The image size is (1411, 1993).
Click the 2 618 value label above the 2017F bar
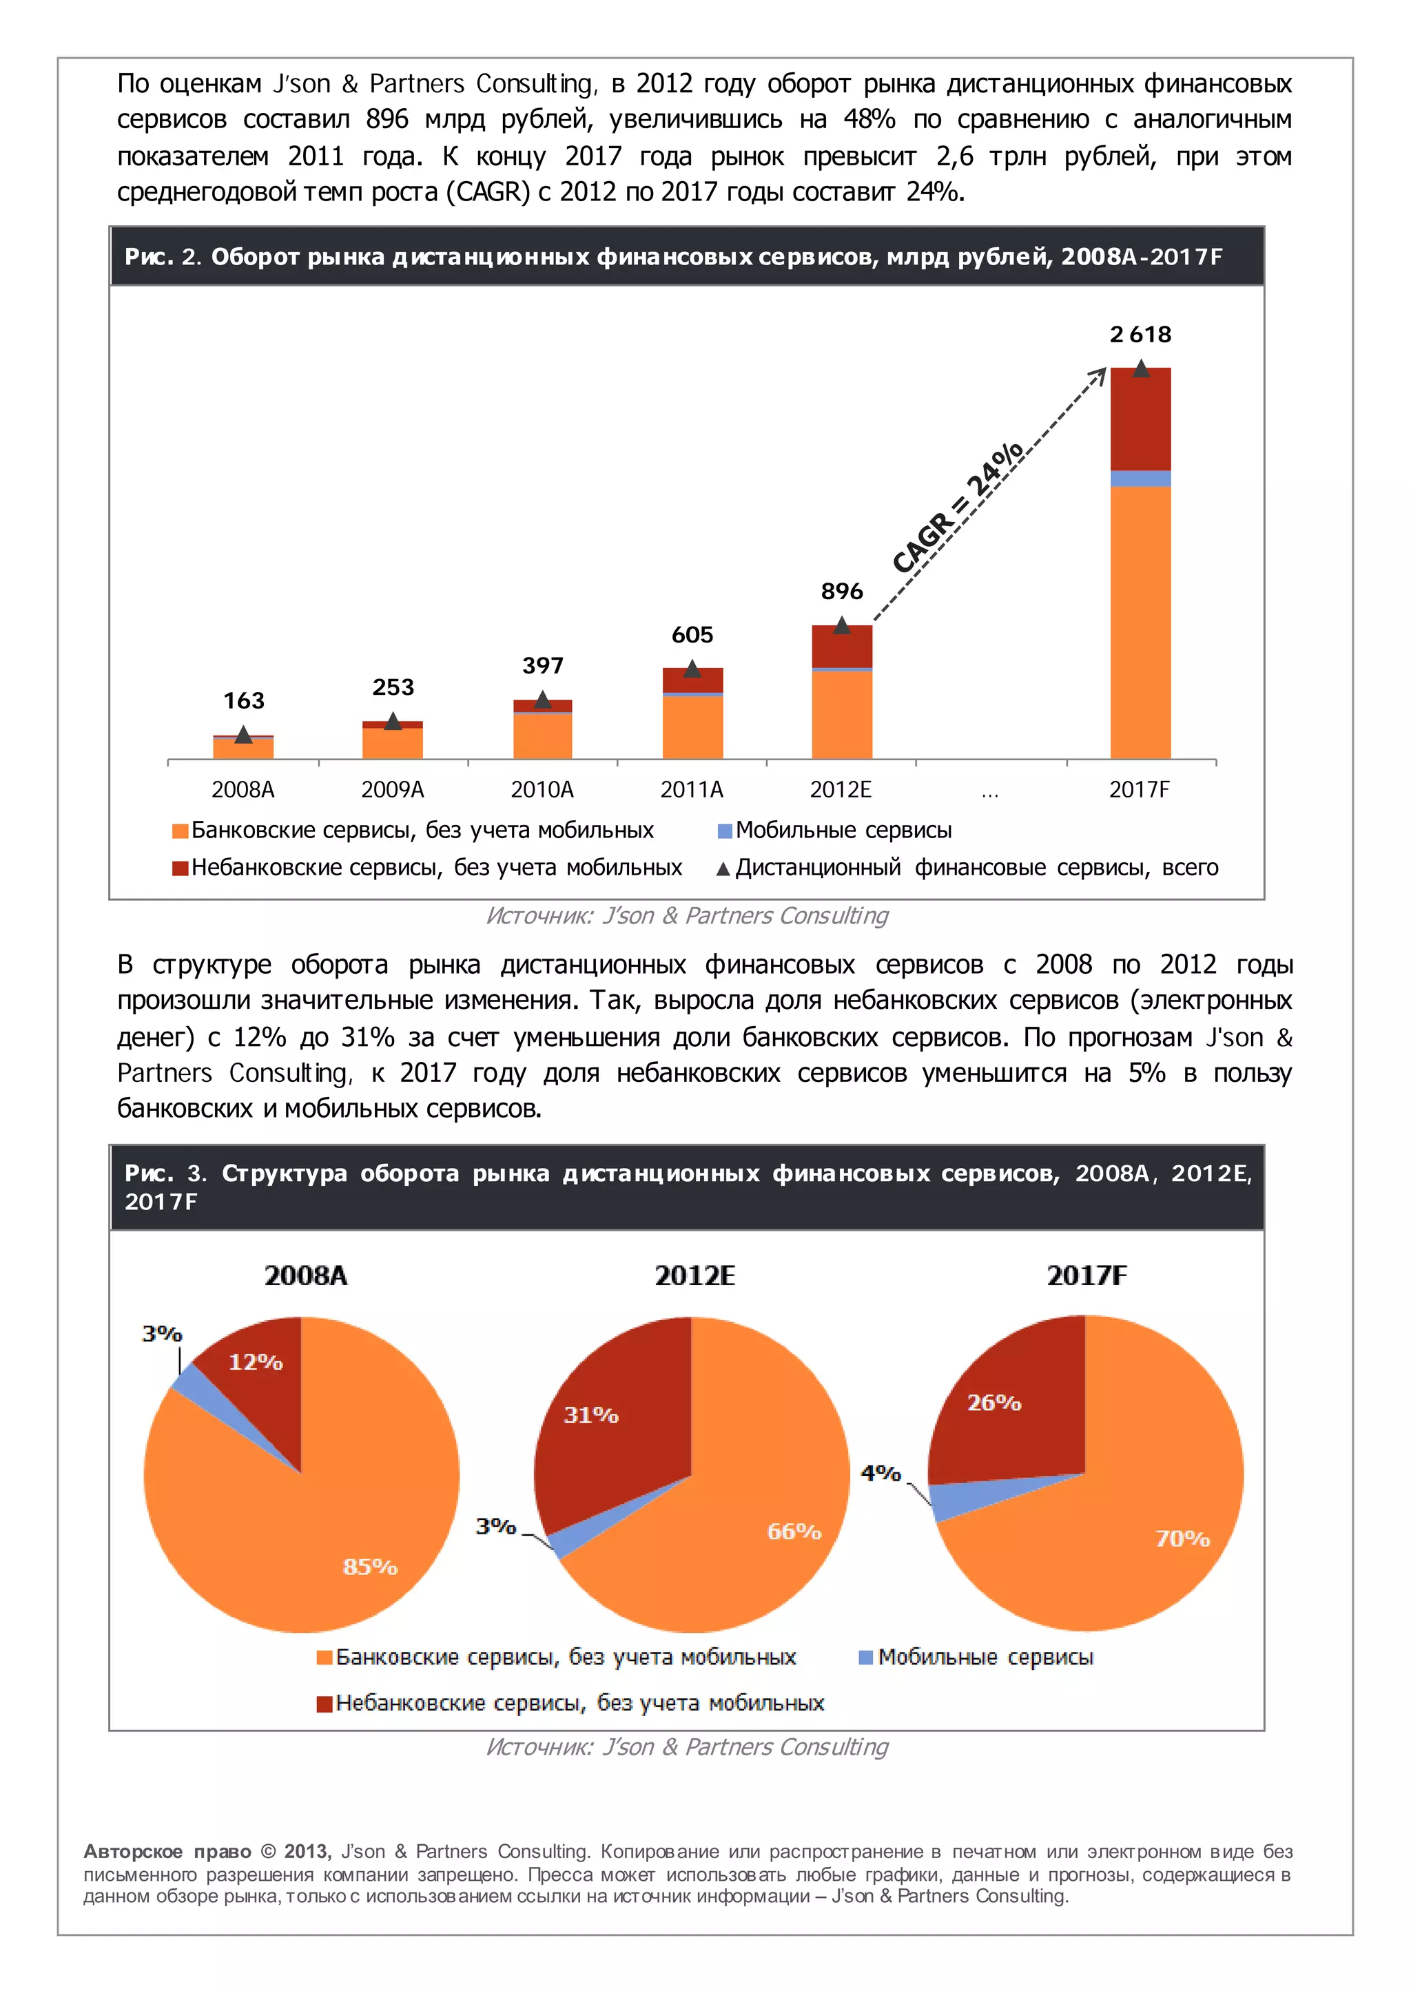pyautogui.click(x=1140, y=334)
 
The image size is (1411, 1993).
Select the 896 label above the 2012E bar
pyautogui.click(x=841, y=592)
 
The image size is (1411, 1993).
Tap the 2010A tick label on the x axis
pyautogui.click(x=542, y=789)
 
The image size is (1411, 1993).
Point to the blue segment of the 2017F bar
pyautogui.click(x=1140, y=479)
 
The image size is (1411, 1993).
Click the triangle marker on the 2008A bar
pyautogui.click(x=243, y=735)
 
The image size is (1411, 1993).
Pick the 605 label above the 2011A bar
pyautogui.click(x=692, y=635)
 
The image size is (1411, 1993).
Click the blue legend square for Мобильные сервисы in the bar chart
pyautogui.click(x=725, y=831)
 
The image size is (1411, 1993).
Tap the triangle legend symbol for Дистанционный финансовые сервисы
pyautogui.click(x=723, y=868)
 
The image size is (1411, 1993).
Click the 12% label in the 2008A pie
pyautogui.click(x=256, y=1361)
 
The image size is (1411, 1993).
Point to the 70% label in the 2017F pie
pyautogui.click(x=1182, y=1538)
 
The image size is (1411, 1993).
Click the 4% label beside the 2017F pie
pyautogui.click(x=880, y=1473)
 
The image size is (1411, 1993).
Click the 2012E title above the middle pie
pyautogui.click(x=694, y=1275)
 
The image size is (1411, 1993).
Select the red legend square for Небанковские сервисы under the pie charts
pyautogui.click(x=324, y=1703)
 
